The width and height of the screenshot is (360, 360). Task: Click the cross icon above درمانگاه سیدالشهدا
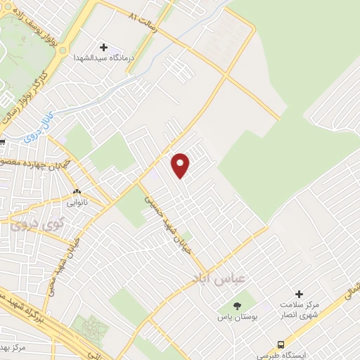pos(104,47)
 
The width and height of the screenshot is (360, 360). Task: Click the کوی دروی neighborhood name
pos(32,225)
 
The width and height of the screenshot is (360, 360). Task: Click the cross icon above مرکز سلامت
pos(300,294)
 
